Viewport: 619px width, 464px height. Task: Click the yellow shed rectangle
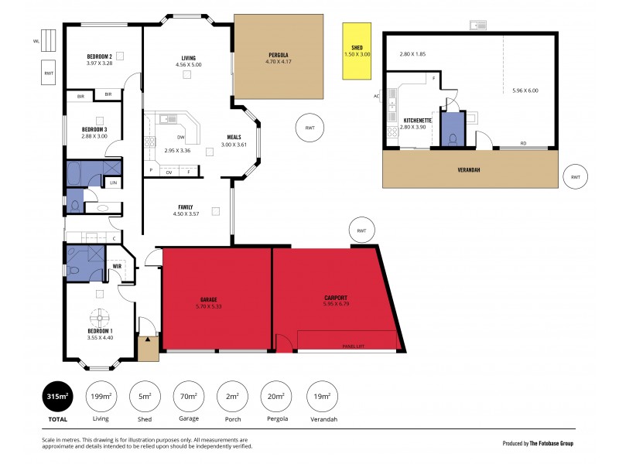(x=357, y=51)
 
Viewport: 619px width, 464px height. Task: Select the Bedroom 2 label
(x=100, y=56)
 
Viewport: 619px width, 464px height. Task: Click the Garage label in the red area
(x=209, y=299)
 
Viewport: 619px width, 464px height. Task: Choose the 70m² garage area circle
(x=189, y=398)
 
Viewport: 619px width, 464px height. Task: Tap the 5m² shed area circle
(x=145, y=398)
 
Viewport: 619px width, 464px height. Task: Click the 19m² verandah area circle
(x=322, y=398)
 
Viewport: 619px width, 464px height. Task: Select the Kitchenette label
(x=419, y=121)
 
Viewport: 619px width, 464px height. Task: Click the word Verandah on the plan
(x=470, y=170)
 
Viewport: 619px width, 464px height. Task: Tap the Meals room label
(x=234, y=138)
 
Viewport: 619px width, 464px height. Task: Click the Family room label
(x=186, y=207)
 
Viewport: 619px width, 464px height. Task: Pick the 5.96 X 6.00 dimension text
(x=525, y=90)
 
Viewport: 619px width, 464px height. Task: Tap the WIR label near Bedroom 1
(x=117, y=266)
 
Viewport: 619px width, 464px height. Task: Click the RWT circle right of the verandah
(x=575, y=177)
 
